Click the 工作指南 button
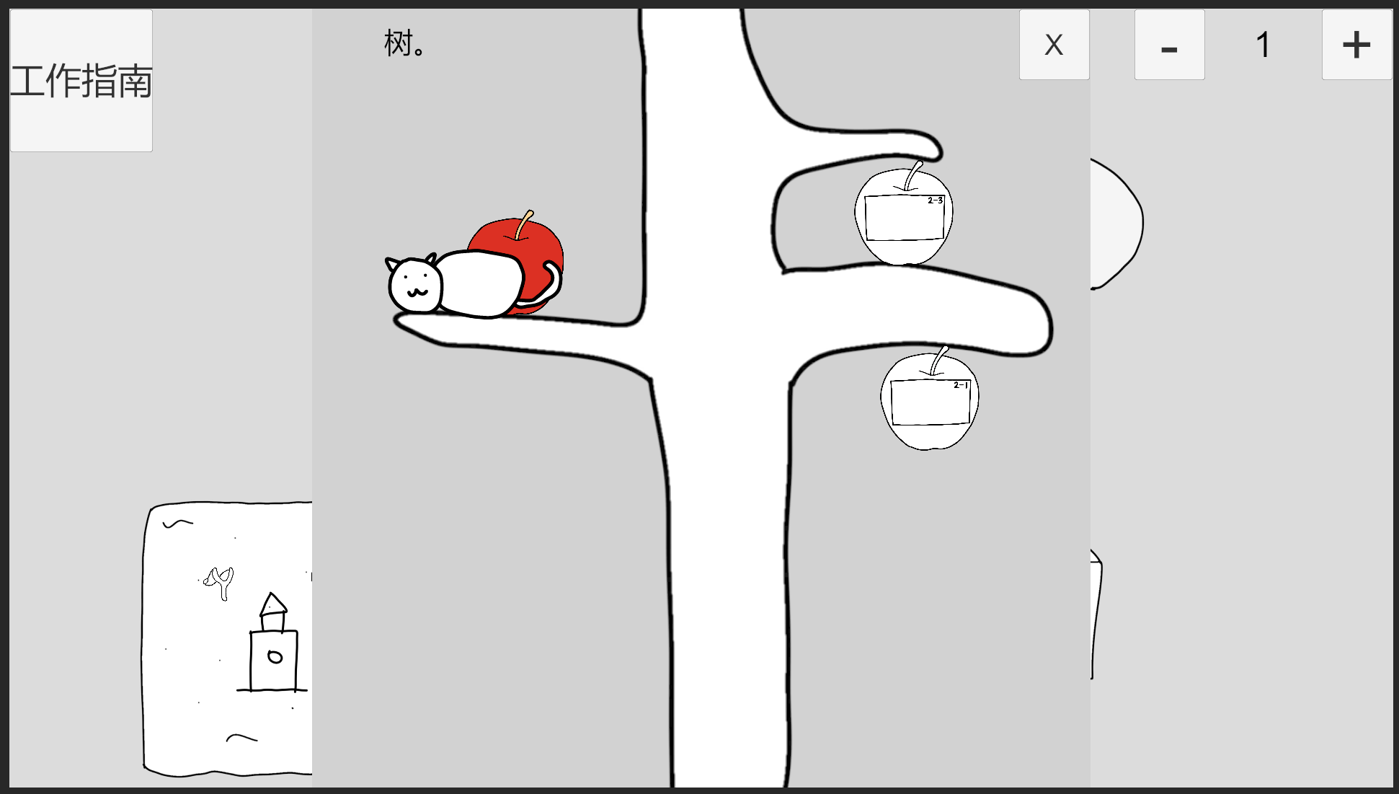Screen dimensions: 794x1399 81,80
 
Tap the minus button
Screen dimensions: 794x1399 1169,45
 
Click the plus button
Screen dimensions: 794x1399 1356,45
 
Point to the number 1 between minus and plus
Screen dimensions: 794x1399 1263,45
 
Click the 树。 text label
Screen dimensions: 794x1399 404,43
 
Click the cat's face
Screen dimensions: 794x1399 415,286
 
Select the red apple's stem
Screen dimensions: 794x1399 524,224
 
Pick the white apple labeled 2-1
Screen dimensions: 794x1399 930,402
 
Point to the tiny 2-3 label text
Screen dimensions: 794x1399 935,200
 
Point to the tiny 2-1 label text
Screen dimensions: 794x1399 961,385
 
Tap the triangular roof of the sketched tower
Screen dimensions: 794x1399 272,604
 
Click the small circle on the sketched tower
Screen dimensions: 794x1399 275,656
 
